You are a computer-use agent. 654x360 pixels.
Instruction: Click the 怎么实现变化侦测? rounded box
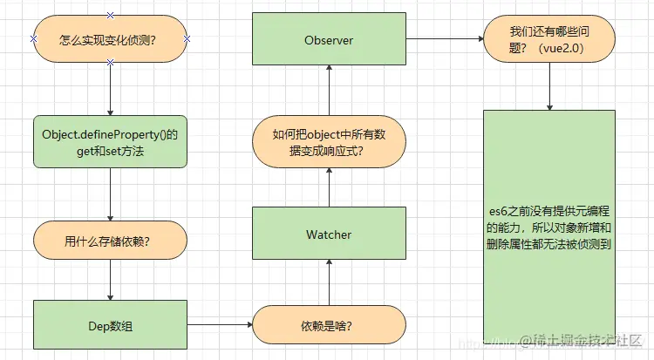(110, 39)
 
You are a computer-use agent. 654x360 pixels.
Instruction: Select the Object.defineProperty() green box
(110, 142)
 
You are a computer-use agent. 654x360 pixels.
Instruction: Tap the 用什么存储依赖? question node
(110, 241)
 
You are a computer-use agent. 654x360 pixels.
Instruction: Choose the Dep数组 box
(110, 325)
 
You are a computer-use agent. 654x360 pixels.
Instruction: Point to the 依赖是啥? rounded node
(329, 325)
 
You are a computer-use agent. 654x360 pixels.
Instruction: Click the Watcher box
(329, 234)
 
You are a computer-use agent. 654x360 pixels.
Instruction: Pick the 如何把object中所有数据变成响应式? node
(329, 143)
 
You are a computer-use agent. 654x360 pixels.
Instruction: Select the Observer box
(329, 39)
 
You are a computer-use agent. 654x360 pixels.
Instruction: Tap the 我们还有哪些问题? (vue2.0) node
(549, 39)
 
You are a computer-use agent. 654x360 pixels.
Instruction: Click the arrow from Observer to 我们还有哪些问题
(445, 39)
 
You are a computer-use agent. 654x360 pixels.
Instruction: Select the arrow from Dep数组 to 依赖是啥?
(220, 325)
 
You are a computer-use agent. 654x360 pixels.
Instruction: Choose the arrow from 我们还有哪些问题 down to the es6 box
(549, 86)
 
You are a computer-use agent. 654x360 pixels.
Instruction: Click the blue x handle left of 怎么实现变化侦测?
(33, 39)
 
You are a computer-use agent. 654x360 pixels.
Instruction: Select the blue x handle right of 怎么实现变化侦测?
(187, 39)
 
